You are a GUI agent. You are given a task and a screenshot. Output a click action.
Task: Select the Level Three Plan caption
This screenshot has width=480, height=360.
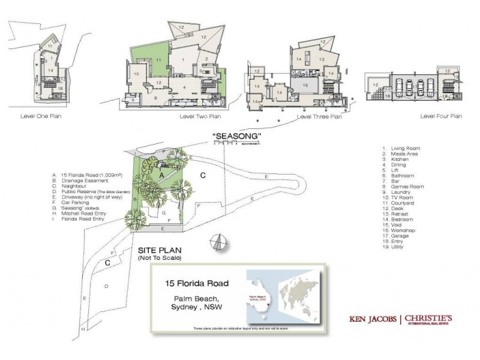coord(319,117)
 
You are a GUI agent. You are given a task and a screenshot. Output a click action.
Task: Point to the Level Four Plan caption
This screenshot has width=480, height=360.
coord(441,116)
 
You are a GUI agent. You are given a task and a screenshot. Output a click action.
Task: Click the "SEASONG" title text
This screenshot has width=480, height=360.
coord(237,136)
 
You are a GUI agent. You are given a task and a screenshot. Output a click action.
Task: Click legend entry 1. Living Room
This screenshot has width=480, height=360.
coord(401,148)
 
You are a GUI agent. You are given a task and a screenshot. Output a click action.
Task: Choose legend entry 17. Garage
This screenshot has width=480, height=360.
coord(397,236)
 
